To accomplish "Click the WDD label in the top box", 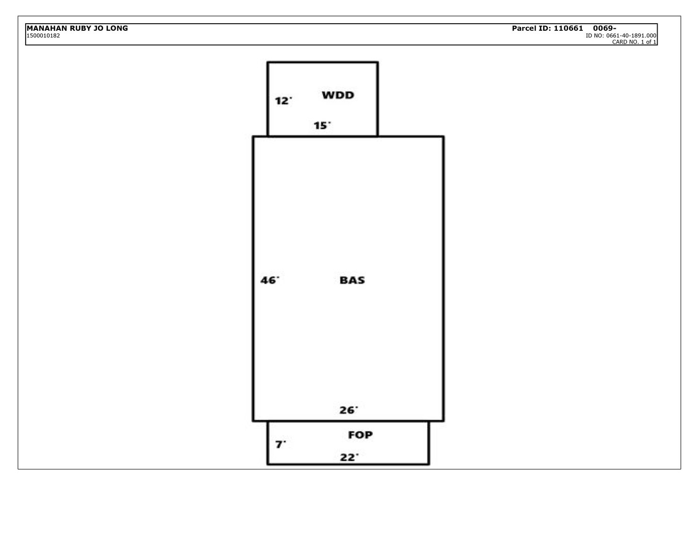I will [x=338, y=95].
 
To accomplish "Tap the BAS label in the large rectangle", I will [x=352, y=280].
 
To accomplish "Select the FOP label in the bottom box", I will [x=360, y=435].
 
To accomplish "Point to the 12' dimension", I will [x=283, y=101].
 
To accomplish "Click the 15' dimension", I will [x=322, y=126].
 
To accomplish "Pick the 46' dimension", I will [x=269, y=281].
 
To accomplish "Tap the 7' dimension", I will [x=281, y=445].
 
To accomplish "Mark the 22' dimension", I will [x=349, y=458].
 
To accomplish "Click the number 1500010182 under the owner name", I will [x=43, y=35].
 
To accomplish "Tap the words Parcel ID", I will [x=531, y=28].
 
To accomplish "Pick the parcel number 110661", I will [x=568, y=28].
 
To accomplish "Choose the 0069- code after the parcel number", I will [x=604, y=28].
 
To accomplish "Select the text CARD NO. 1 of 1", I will [x=634, y=42].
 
